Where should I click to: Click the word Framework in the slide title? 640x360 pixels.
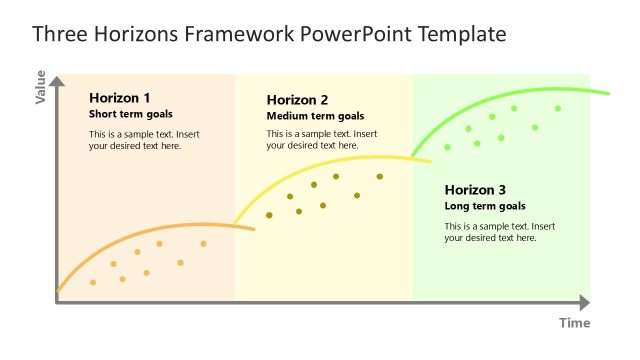point(240,34)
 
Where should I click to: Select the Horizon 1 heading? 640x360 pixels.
point(119,98)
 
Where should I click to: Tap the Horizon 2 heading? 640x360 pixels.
point(297,100)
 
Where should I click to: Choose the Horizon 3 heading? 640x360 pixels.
point(475,190)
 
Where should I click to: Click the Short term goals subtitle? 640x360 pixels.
point(130,114)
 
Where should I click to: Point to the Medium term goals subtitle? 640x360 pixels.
point(315,116)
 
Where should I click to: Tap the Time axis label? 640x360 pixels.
point(574,323)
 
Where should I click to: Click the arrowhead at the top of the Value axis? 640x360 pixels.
point(58,78)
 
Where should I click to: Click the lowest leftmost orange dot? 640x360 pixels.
point(93,282)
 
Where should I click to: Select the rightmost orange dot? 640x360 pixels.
point(203,243)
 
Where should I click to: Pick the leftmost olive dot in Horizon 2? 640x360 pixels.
point(269,215)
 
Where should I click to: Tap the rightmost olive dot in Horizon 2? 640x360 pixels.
point(380,177)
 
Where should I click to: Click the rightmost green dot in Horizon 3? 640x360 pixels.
point(558,108)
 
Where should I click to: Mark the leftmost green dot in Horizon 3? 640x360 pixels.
point(447,147)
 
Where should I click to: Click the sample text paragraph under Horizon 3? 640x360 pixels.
point(500,232)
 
